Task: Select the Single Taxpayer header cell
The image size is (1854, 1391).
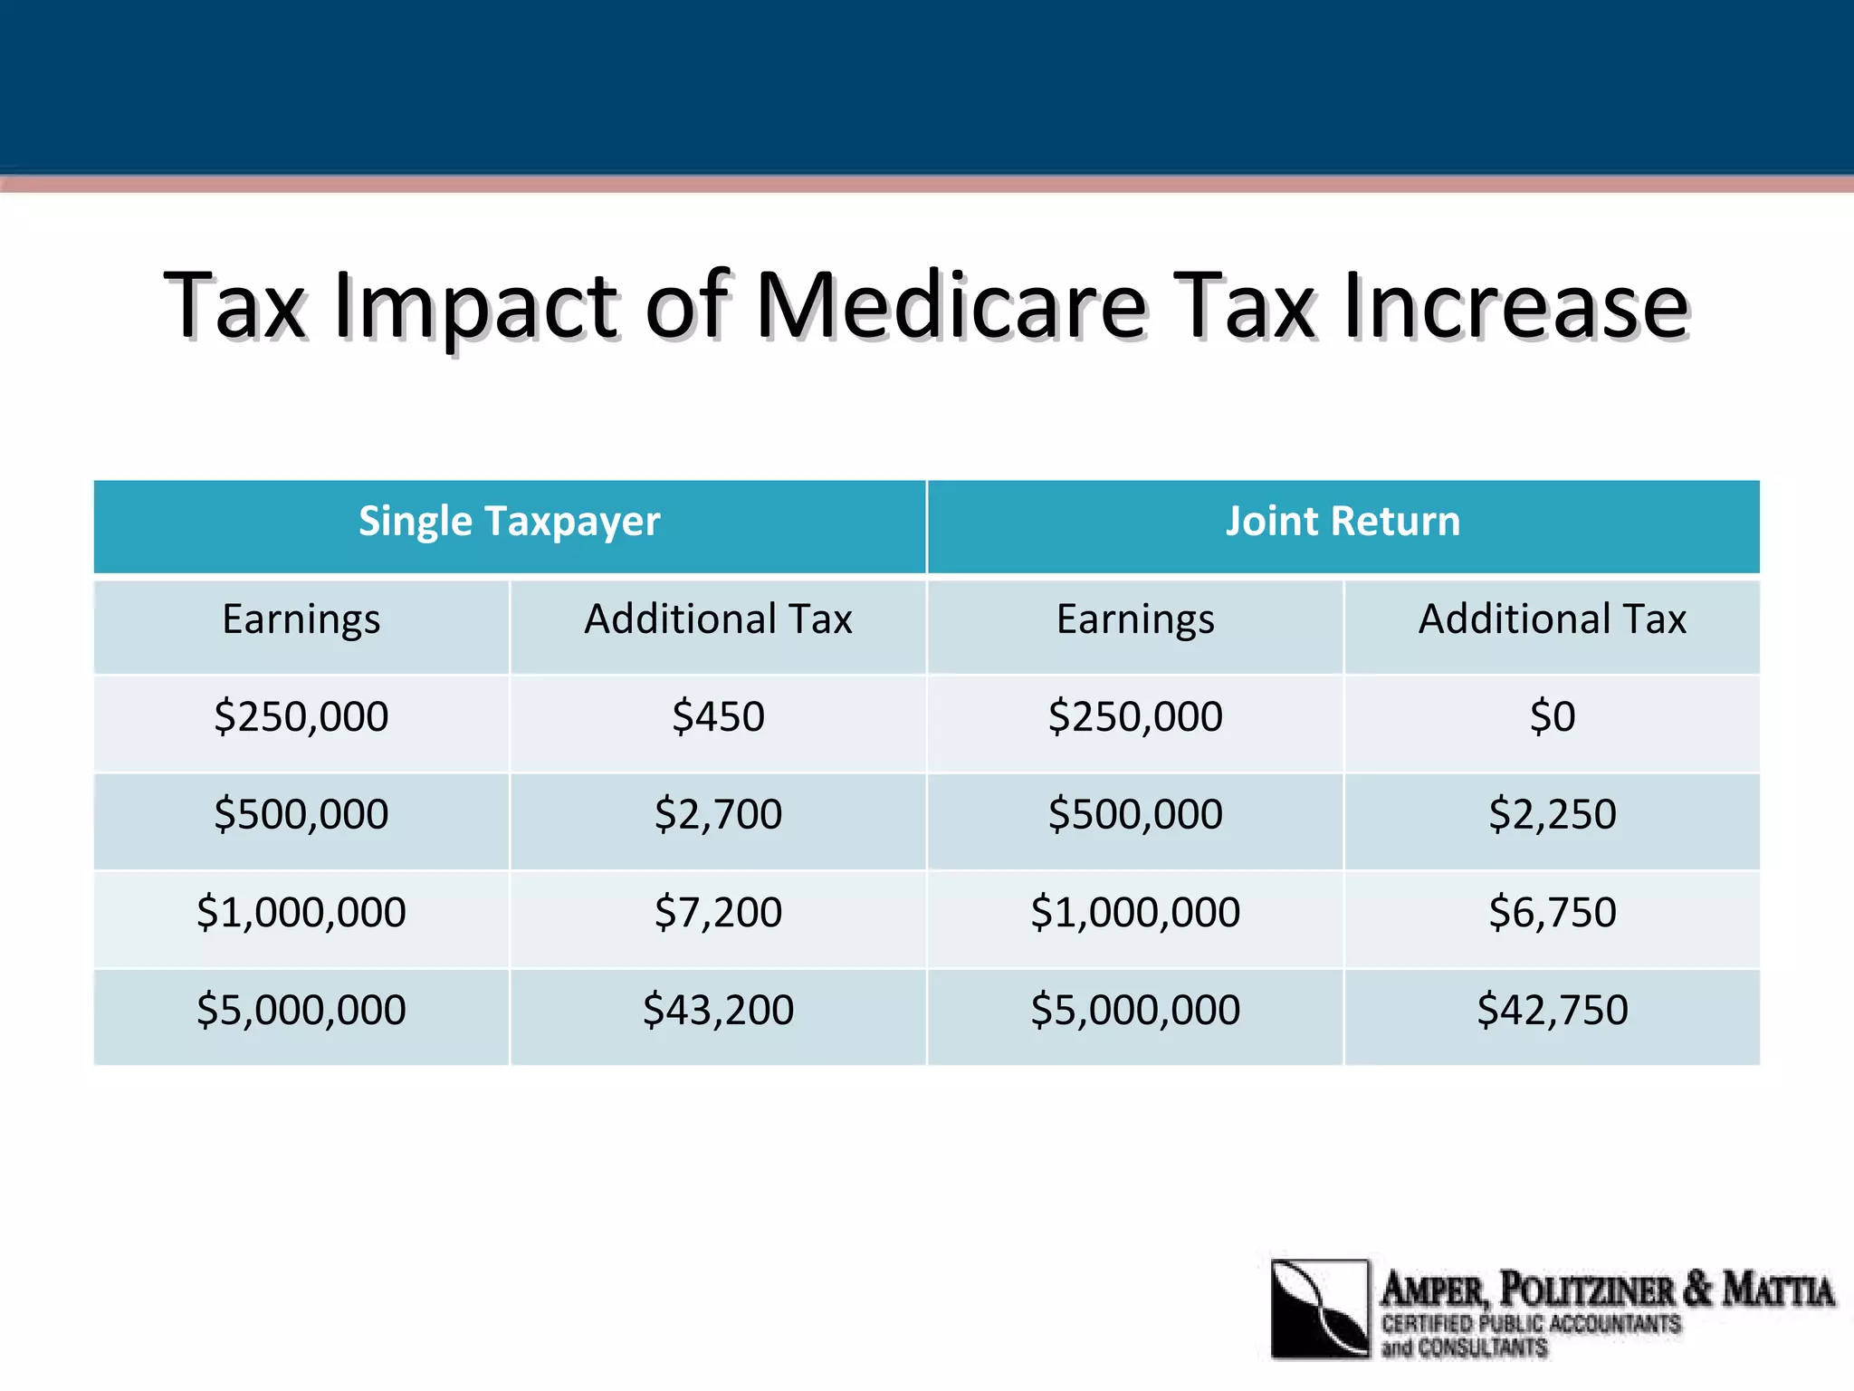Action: pyautogui.click(x=510, y=523)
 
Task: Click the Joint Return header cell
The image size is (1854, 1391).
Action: pyautogui.click(x=1343, y=523)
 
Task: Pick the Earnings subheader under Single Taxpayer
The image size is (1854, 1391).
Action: pyautogui.click(x=301, y=620)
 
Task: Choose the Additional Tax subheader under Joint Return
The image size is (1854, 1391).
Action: pyautogui.click(x=1552, y=620)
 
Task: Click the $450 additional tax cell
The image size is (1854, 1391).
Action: pyautogui.click(x=718, y=717)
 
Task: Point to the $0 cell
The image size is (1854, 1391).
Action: pyautogui.click(x=1552, y=717)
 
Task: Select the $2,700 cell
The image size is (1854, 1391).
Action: pyautogui.click(x=718, y=814)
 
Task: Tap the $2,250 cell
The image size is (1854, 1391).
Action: pyautogui.click(x=1552, y=814)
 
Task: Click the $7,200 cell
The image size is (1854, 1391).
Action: pyautogui.click(x=718, y=912)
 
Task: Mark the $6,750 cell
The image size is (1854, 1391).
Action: pyautogui.click(x=1552, y=912)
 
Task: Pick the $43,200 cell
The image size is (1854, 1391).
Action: pyautogui.click(x=718, y=1010)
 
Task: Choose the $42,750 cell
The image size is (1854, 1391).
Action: pyautogui.click(x=1552, y=1010)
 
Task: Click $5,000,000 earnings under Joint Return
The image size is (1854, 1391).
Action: pyautogui.click(x=1135, y=1010)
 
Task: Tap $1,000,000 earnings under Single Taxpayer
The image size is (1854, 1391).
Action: pyautogui.click(x=301, y=912)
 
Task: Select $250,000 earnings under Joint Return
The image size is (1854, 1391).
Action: pyautogui.click(x=1135, y=717)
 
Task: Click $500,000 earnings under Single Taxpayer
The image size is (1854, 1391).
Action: pyautogui.click(x=301, y=814)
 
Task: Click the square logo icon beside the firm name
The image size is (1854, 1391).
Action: pyautogui.click(x=1320, y=1309)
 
